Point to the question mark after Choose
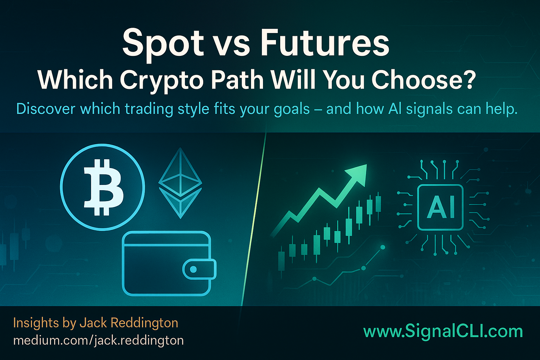(x=469, y=79)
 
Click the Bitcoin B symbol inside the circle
(x=103, y=187)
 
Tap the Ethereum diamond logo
(x=180, y=183)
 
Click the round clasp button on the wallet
(x=193, y=269)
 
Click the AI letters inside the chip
(x=441, y=207)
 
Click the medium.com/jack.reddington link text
(x=98, y=340)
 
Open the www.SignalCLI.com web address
(x=443, y=332)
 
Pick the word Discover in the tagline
(x=46, y=109)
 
